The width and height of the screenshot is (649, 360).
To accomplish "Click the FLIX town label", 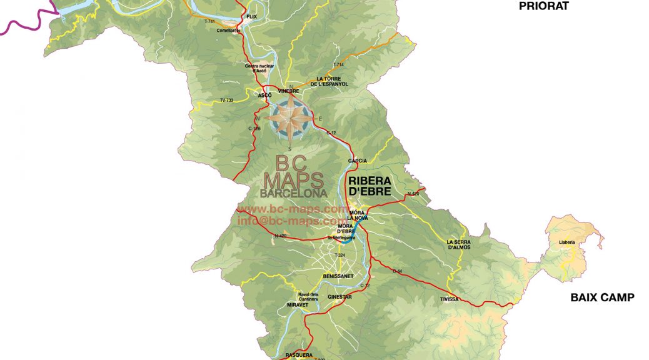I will [x=252, y=17].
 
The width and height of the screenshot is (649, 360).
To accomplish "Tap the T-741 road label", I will [x=209, y=22].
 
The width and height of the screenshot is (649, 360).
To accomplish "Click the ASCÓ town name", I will [x=264, y=95].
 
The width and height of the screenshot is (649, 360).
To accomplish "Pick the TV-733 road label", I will [x=226, y=100].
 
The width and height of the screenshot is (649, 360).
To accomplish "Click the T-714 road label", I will [x=338, y=65].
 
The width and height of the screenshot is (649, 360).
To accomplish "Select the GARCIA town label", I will [x=358, y=161].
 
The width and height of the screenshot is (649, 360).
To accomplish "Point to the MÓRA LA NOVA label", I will [x=358, y=215].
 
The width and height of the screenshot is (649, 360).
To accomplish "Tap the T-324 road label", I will [x=340, y=256].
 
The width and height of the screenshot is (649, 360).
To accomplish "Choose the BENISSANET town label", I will [x=338, y=276].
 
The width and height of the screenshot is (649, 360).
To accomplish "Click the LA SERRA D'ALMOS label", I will [x=458, y=244].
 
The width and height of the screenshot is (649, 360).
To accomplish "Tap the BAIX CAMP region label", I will [x=602, y=297].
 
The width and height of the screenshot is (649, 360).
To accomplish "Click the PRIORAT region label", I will [x=544, y=6].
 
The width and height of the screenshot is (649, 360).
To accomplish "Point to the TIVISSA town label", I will [x=449, y=299].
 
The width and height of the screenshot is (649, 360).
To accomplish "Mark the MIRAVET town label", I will [x=298, y=304].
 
